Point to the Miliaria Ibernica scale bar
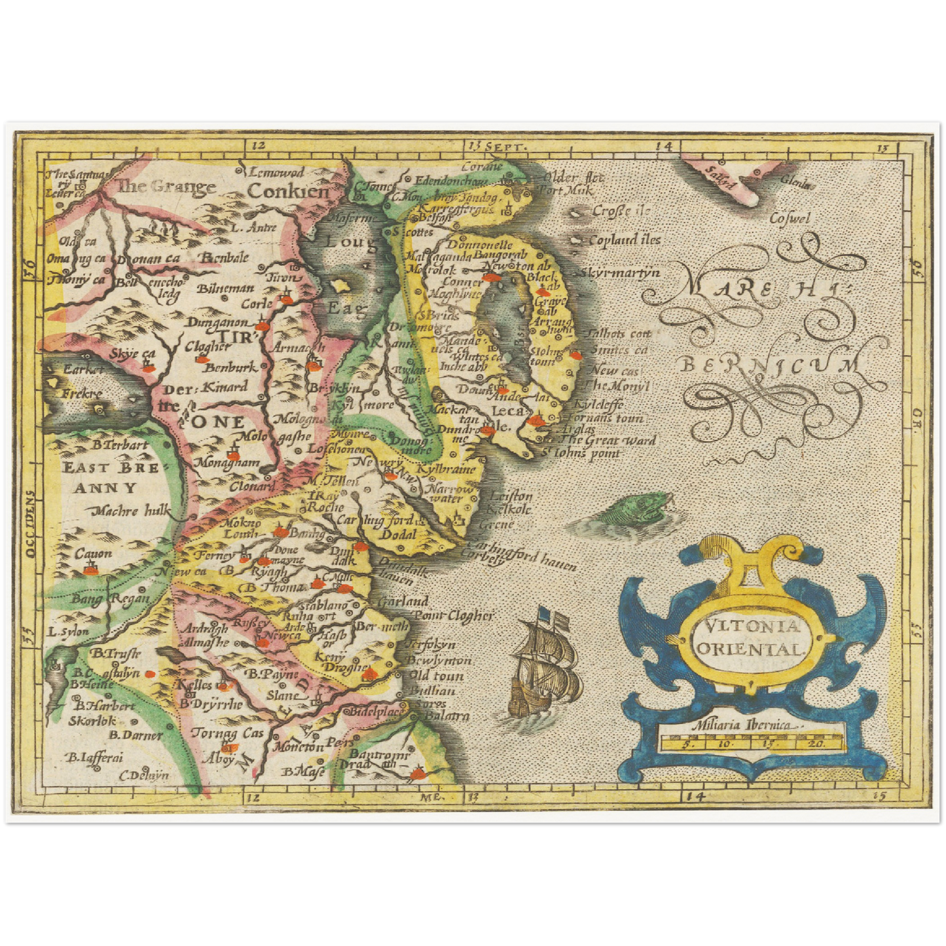(x=752, y=742)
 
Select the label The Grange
(x=166, y=187)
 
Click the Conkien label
(x=289, y=191)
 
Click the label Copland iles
(x=625, y=240)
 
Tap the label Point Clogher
(x=452, y=615)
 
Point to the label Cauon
(x=93, y=554)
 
